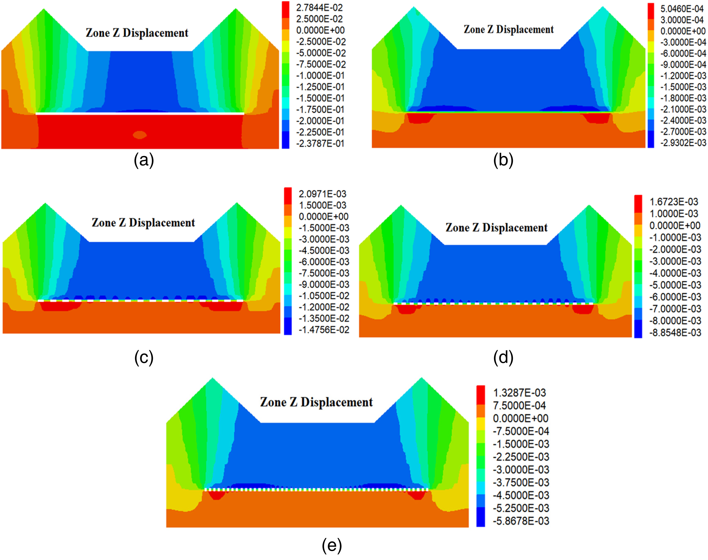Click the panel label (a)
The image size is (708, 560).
coord(144,161)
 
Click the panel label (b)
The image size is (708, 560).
coord(503,161)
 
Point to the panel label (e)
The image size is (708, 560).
coord(332,546)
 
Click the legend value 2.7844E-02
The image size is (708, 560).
coord(319,8)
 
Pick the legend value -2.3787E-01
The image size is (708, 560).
coord(320,144)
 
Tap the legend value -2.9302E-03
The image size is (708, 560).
coord(683,143)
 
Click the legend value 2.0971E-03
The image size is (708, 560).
coord(323,194)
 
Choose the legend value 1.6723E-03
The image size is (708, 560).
coord(674,202)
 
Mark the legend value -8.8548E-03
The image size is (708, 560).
coord(675,333)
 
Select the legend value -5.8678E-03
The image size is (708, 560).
coord(521,521)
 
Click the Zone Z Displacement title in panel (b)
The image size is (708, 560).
coord(509,29)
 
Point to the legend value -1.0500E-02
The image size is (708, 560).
coord(324,296)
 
